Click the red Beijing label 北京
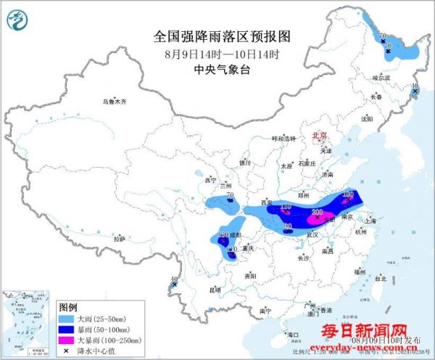point(320,136)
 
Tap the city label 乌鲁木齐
point(114,102)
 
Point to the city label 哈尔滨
point(381,77)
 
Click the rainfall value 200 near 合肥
point(317,210)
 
